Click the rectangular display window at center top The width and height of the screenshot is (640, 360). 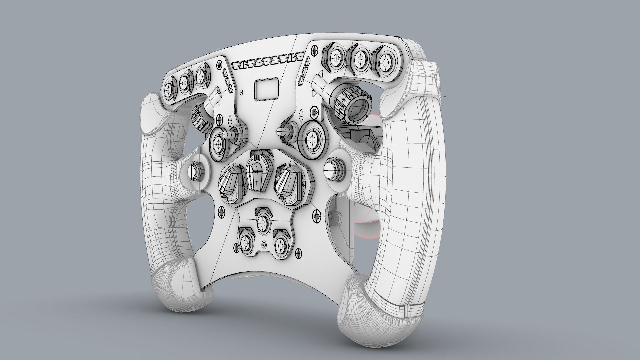[x=267, y=89]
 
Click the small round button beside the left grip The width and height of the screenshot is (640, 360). [x=194, y=171]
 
